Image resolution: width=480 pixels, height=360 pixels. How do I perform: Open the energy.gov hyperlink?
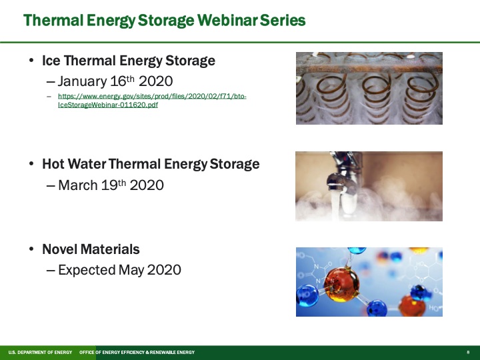tap(152, 101)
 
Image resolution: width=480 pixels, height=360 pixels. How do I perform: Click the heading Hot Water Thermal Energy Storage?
tap(151, 163)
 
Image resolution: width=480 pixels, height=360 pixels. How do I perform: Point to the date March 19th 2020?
tap(111, 185)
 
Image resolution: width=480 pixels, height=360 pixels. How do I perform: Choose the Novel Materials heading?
tap(91, 249)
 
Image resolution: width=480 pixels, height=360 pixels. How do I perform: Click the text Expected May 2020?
tap(119, 270)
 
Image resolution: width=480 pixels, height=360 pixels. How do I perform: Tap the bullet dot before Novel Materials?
tap(31, 250)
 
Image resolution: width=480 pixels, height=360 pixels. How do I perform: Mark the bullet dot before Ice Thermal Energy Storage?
tap(31, 61)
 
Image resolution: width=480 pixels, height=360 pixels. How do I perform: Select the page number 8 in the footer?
tap(468, 352)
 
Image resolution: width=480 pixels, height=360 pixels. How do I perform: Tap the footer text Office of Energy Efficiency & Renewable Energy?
tap(137, 352)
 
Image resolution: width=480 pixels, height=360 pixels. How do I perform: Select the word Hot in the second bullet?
tap(53, 163)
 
